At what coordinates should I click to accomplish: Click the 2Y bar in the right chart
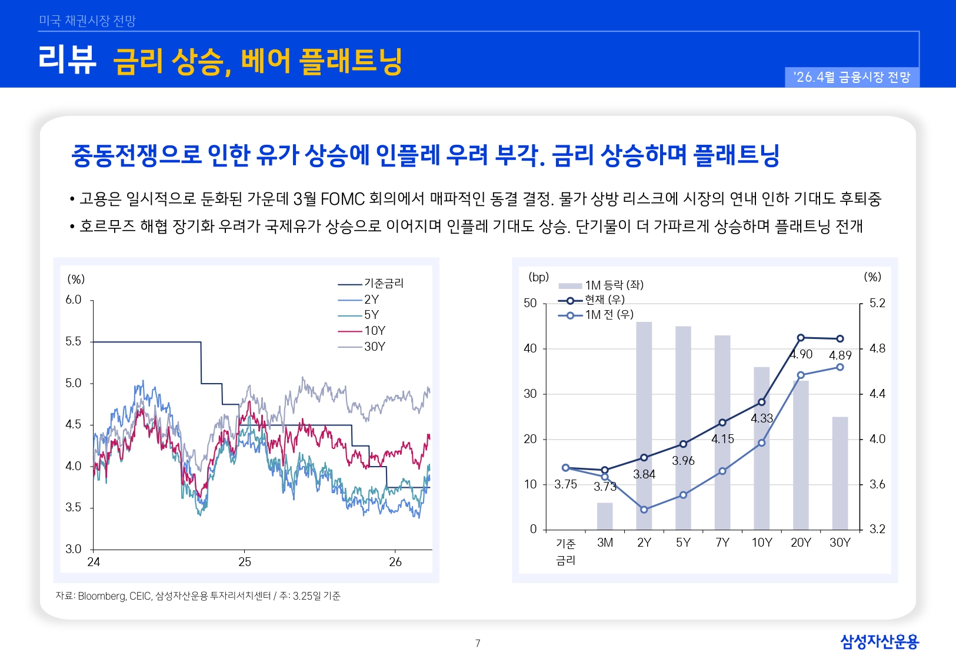click(x=644, y=424)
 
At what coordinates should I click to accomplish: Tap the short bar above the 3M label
click(x=605, y=516)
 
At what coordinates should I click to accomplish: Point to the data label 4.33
click(x=762, y=418)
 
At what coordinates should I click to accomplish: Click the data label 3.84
click(x=644, y=474)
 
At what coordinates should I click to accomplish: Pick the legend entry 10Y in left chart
click(x=374, y=331)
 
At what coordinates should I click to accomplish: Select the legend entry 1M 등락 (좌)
click(x=614, y=285)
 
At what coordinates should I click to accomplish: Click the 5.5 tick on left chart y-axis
click(x=74, y=341)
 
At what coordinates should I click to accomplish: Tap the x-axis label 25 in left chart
click(x=245, y=562)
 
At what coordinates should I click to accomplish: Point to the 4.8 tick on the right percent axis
click(x=877, y=348)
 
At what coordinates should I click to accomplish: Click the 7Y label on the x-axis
click(x=722, y=543)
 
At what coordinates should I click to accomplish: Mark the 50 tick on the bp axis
click(x=530, y=303)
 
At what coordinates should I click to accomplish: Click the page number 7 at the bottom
click(x=478, y=643)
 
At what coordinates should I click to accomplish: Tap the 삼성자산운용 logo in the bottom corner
click(x=879, y=641)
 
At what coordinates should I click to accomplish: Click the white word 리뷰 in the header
click(x=67, y=60)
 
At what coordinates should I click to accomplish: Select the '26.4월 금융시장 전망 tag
click(x=852, y=77)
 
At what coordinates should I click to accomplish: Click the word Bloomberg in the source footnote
click(x=102, y=596)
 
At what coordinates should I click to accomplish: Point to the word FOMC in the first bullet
click(x=343, y=199)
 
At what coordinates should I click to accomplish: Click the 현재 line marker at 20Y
click(x=801, y=338)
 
